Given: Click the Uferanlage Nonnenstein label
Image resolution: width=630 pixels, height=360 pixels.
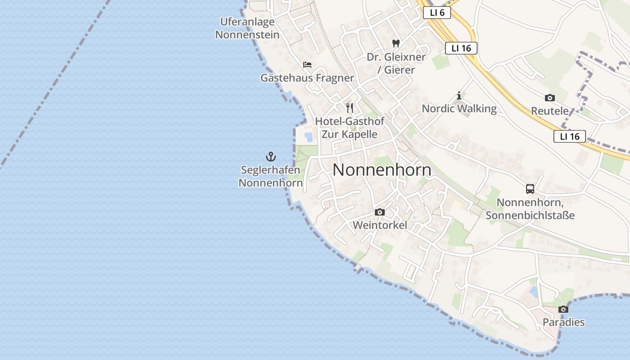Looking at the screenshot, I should tap(247, 28).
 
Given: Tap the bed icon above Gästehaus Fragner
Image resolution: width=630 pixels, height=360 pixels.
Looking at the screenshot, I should tap(307, 65).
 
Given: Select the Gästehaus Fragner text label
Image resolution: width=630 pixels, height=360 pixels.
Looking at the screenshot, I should tap(307, 78).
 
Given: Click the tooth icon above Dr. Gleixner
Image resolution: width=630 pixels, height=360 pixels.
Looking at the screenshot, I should tap(396, 44).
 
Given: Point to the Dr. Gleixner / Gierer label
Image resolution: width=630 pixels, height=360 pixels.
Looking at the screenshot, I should tap(396, 63).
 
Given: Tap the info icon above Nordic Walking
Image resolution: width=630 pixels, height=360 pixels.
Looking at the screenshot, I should tap(459, 95).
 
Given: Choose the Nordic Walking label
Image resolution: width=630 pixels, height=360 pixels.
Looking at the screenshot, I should tap(459, 108).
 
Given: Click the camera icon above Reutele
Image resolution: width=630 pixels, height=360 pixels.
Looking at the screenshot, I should tap(549, 98).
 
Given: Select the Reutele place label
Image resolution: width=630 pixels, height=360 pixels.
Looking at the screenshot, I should tap(549, 111).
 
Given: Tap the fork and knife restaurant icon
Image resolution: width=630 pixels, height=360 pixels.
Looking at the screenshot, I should tap(349, 108).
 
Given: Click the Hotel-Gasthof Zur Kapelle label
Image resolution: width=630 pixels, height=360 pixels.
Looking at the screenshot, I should tap(349, 127).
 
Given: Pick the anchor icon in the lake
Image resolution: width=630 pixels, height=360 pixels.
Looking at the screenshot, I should tap(270, 157).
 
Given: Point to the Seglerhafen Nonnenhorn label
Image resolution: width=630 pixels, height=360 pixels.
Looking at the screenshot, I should tap(270, 176).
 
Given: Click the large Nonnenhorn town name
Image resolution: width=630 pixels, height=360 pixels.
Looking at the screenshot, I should tap(382, 170).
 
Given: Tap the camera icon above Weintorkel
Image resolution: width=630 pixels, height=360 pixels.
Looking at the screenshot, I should tap(380, 212).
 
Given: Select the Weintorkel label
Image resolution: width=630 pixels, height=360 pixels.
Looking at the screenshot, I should tap(380, 225).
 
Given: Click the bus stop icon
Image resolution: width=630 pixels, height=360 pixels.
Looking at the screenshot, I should tap(530, 189).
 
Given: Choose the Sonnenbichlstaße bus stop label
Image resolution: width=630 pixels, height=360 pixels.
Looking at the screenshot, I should tap(530, 209).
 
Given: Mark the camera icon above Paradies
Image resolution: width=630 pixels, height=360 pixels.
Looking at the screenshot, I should tap(563, 309).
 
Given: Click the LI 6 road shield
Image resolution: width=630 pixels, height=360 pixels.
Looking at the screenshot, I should tap(437, 13).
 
